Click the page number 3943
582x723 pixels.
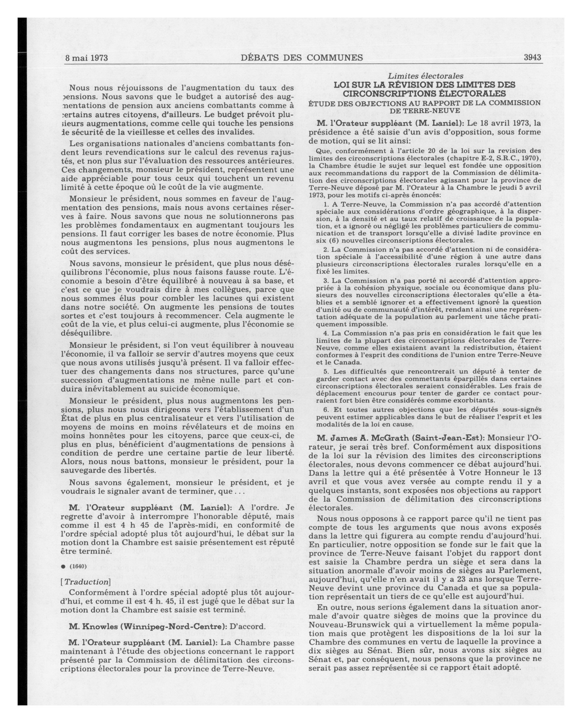pos(532,57)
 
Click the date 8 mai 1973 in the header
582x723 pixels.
pos(86,58)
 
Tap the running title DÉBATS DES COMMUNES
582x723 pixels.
pos(301,58)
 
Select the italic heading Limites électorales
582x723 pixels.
pos(425,76)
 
